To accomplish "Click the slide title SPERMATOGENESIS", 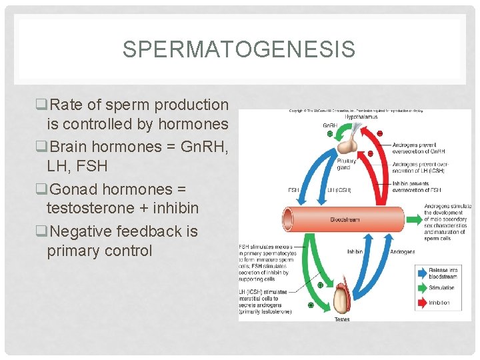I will [239, 49].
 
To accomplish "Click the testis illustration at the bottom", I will [341, 297].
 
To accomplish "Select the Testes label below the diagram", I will [341, 319].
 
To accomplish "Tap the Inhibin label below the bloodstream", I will [355, 252].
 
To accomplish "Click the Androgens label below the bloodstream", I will [402, 252].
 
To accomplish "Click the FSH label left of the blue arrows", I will [293, 190].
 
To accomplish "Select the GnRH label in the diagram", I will [329, 125].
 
